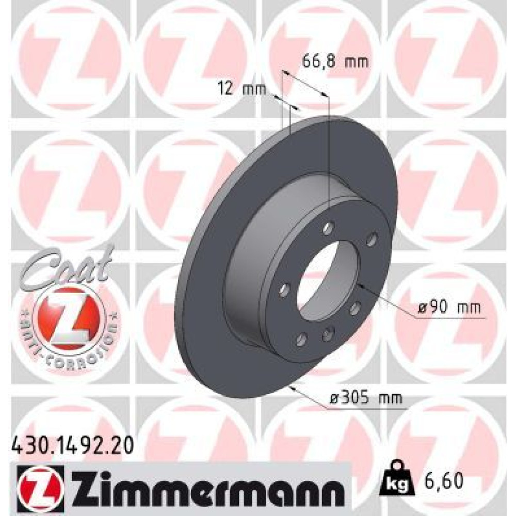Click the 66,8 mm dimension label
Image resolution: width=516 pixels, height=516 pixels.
[335, 62]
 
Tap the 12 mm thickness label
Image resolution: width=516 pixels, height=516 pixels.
[243, 89]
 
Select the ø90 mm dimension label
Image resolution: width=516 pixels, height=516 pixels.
[449, 308]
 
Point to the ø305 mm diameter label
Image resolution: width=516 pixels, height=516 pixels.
[366, 398]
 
